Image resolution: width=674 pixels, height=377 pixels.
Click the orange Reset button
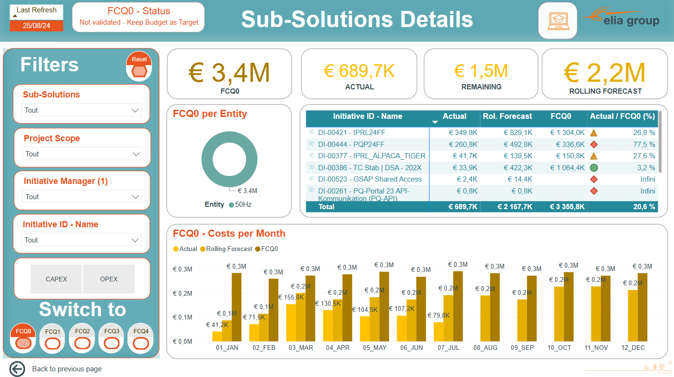pos(139,66)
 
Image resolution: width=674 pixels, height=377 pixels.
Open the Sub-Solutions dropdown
pos(81,110)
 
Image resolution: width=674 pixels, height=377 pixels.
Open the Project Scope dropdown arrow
pos(136,154)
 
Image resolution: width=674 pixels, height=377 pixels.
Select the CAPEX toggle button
pos(56,279)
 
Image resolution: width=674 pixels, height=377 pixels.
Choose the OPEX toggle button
pos(108,279)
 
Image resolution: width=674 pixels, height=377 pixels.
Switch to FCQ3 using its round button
pos(112,338)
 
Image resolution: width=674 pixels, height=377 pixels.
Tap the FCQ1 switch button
pos(52,338)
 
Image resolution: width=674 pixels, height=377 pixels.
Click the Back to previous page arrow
pos(17,368)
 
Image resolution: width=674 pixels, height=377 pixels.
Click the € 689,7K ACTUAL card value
pos(359,71)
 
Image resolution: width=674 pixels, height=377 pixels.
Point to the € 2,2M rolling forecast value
pos(605,73)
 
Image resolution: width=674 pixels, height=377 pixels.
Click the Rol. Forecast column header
pos(508,116)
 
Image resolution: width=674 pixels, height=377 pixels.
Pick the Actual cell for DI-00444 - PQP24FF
pos(463,145)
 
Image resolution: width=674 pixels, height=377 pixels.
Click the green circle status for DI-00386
pos(594,168)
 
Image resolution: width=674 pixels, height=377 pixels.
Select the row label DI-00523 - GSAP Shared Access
pos(370,179)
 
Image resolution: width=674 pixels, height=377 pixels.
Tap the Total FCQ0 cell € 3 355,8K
pos(567,207)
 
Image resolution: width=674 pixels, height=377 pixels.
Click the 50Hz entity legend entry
pos(240,204)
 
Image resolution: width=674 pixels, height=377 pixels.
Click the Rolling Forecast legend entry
pos(226,249)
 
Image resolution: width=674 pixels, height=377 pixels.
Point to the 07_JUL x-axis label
pos(449,348)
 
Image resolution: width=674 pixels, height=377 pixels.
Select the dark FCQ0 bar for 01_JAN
pos(236,307)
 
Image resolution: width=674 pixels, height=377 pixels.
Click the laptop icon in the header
pos(558,21)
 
